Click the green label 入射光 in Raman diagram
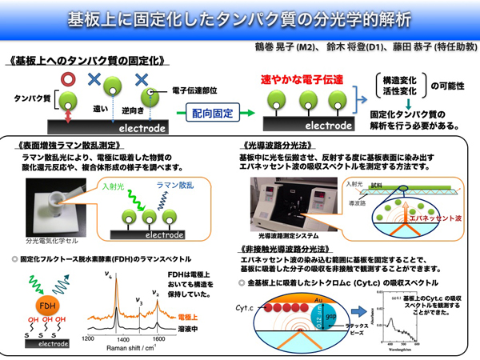(114, 186)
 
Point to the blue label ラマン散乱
(174, 186)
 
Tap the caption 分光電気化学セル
(50, 238)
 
